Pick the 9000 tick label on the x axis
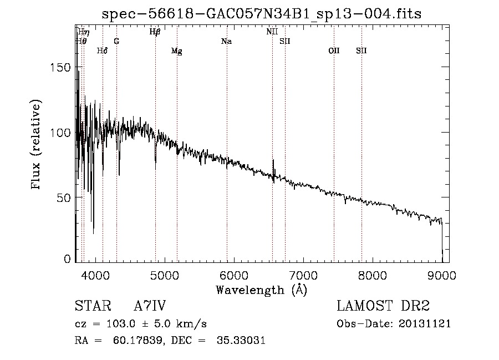pos(442,274)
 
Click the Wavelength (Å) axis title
pos(261,290)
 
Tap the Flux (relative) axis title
pos(37,145)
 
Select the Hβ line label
pos(155,32)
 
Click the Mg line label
pos(176,51)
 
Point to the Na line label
pos(226,42)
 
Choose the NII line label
pos(272,32)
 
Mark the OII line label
pos(333,51)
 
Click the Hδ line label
pos(102,51)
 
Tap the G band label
pos(116,42)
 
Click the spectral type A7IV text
pos(150,306)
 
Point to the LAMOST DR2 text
pos(383,306)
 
